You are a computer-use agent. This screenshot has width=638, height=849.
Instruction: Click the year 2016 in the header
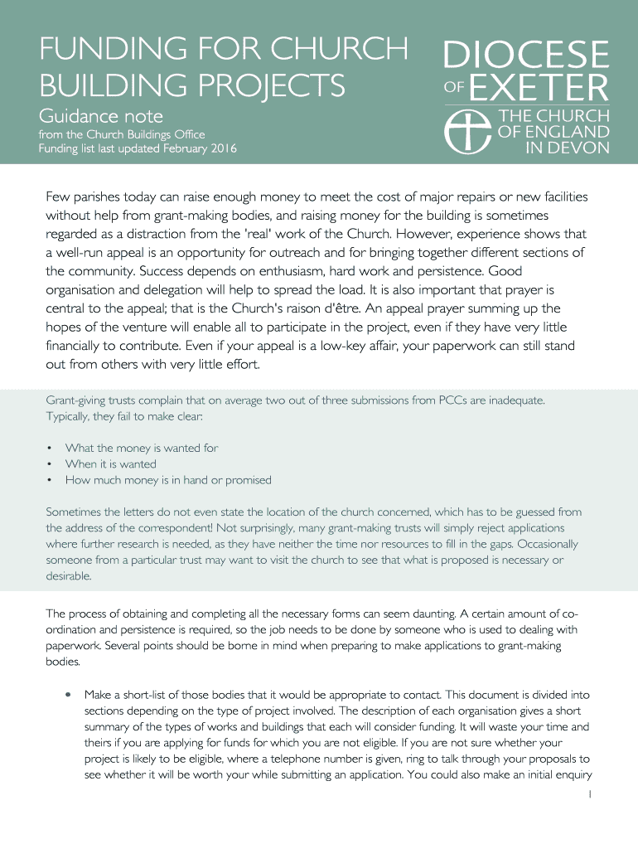(222, 149)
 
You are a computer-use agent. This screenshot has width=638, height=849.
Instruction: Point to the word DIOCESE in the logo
(526, 56)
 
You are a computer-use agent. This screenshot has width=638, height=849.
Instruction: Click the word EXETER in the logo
(541, 87)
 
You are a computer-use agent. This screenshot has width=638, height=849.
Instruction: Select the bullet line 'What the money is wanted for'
(142, 448)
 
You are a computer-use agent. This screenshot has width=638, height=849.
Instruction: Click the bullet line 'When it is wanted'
(110, 464)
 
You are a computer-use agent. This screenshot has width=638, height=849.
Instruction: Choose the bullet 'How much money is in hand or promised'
(168, 480)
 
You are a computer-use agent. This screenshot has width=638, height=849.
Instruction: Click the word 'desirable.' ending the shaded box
(69, 575)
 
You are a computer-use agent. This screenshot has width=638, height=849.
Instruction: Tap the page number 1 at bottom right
(589, 793)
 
